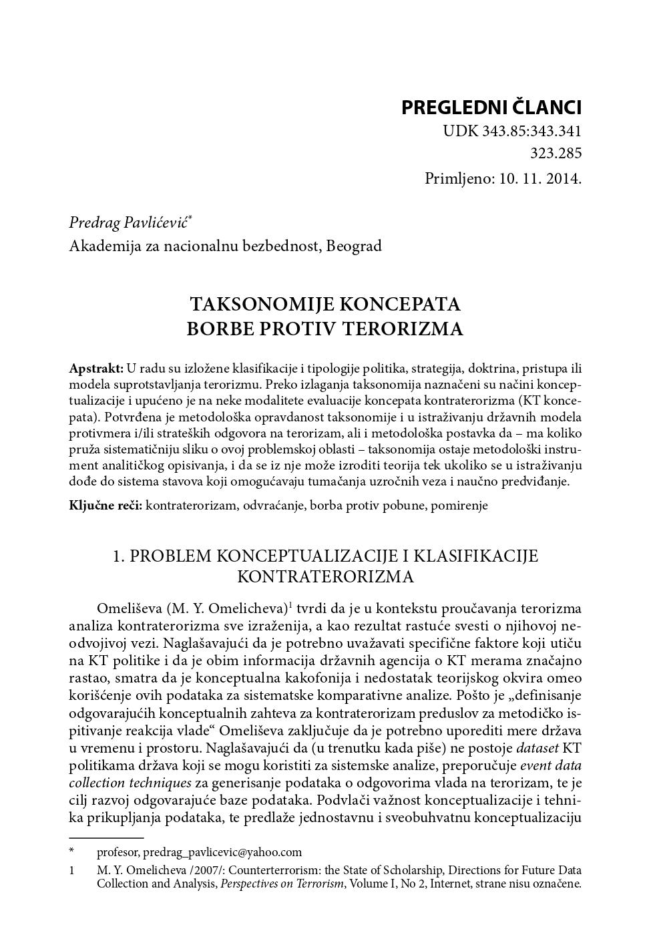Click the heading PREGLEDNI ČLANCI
tap(491, 108)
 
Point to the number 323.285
tap(556, 154)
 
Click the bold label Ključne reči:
tap(105, 505)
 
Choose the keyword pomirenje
tap(459, 505)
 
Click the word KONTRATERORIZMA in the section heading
tap(325, 576)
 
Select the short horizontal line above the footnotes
tap(106, 837)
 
